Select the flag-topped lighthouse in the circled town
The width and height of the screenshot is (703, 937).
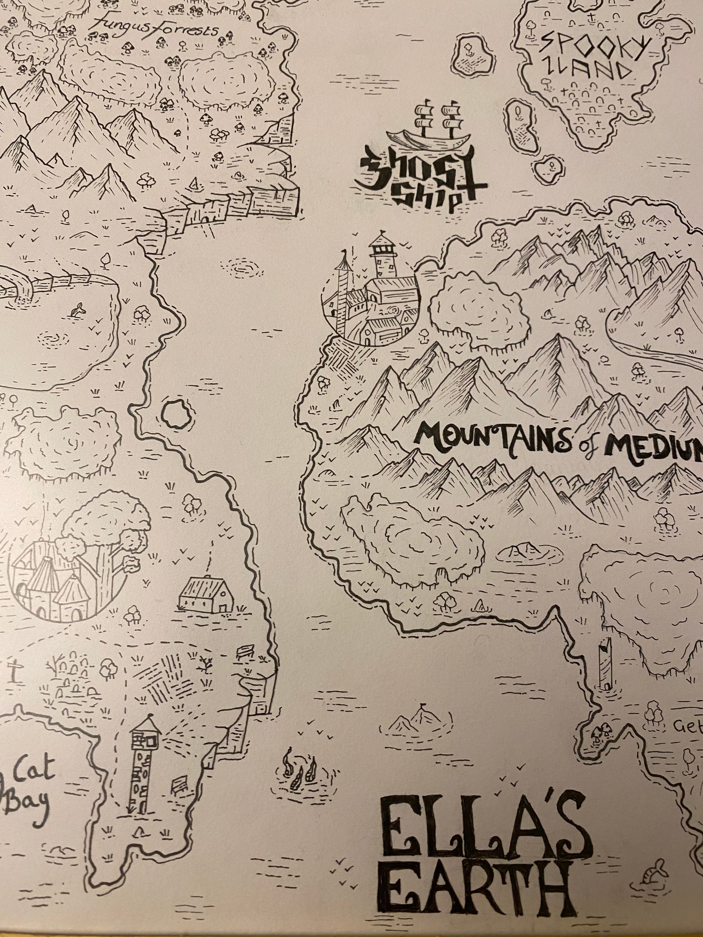[381, 256]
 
